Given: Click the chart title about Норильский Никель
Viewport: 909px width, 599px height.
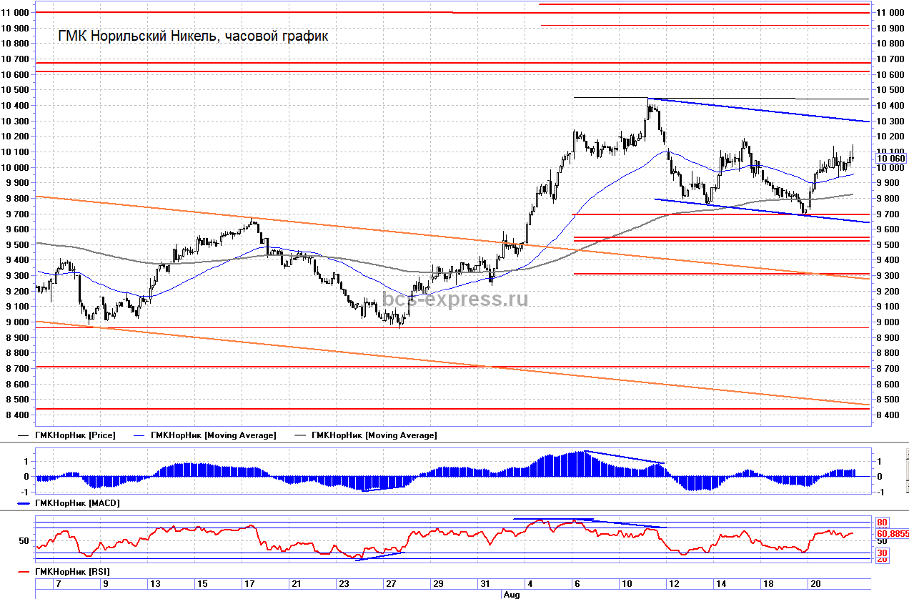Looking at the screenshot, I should pyautogui.click(x=193, y=36).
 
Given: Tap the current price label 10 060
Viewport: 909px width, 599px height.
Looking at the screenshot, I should pyautogui.click(x=890, y=158).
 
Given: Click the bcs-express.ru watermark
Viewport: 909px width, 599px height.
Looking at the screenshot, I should pyautogui.click(x=455, y=299).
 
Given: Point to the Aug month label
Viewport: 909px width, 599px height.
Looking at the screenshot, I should pyautogui.click(x=512, y=594).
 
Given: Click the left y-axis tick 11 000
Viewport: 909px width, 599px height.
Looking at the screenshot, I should pyautogui.click(x=16, y=13).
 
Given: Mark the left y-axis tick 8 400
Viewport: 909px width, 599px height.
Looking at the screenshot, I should pyautogui.click(x=16, y=415).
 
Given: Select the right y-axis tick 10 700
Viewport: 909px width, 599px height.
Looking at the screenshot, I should pyautogui.click(x=888, y=59).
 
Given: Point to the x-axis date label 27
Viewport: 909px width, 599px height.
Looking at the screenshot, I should pyautogui.click(x=391, y=584).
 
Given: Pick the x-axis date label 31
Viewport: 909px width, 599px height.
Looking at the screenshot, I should pyautogui.click(x=485, y=584).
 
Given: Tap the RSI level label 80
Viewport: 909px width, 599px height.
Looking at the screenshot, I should pyautogui.click(x=882, y=522).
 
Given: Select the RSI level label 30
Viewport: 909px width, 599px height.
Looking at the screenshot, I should pyautogui.click(x=882, y=553).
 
